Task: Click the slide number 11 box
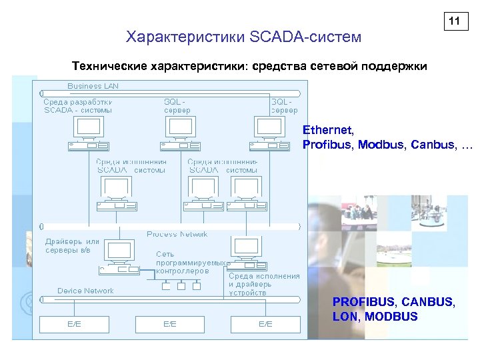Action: click(454, 21)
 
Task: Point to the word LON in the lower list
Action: click(345, 316)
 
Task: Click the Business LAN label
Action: click(93, 86)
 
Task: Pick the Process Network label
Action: click(177, 234)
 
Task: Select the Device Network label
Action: click(85, 291)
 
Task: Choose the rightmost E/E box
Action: click(265, 324)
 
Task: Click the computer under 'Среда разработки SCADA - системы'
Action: click(88, 133)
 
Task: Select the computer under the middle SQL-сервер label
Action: click(179, 133)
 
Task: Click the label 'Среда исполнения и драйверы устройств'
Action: click(264, 284)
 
